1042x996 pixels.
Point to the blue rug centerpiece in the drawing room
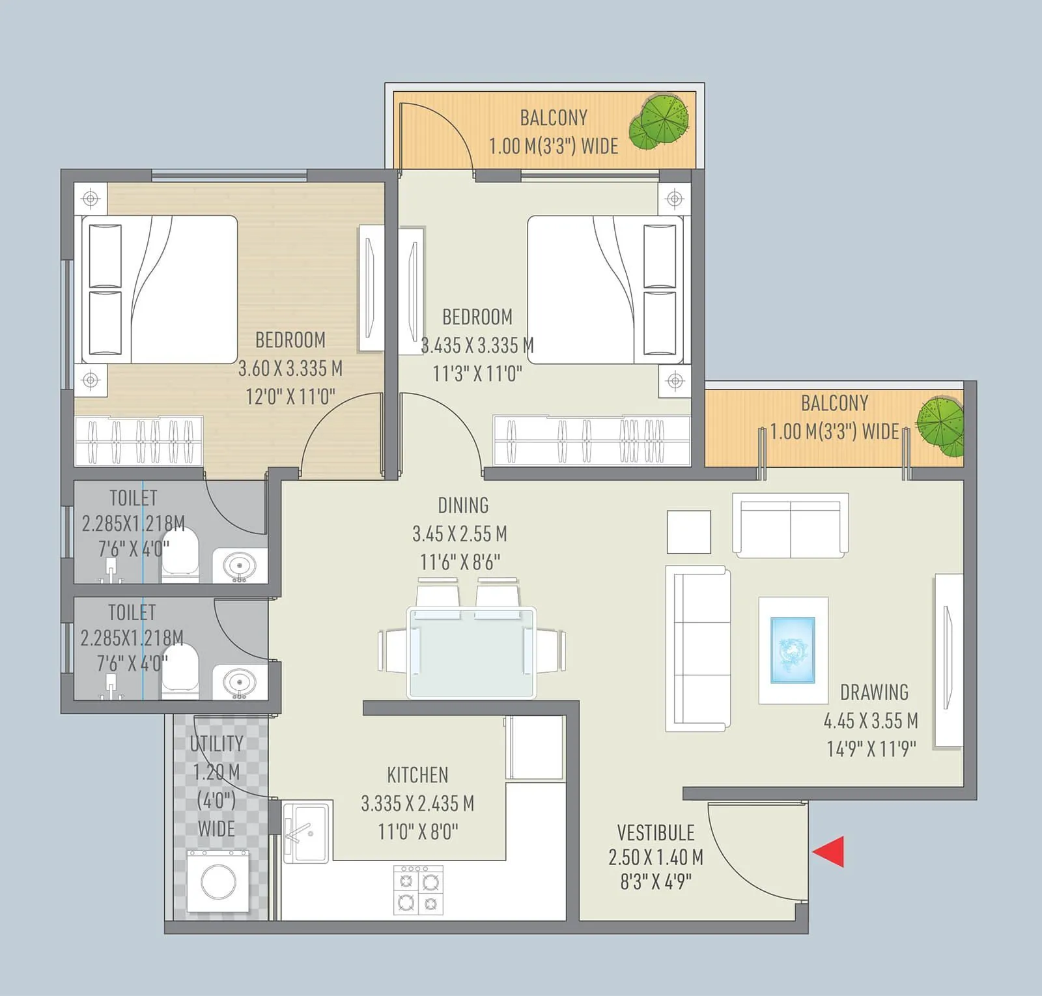[x=793, y=650]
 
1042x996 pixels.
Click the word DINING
[x=463, y=505]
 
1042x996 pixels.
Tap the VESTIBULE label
[x=655, y=832]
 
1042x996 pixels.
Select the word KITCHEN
[x=417, y=775]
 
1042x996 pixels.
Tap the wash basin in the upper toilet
[x=239, y=565]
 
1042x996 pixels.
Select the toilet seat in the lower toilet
[x=180, y=668]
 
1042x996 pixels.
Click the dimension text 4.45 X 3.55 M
[x=871, y=721]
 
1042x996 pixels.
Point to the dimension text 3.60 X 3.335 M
[x=290, y=369]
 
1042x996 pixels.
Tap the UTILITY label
[x=216, y=743]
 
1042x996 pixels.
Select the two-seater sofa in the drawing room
[x=790, y=525]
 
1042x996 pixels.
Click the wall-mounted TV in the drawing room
[x=948, y=659]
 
